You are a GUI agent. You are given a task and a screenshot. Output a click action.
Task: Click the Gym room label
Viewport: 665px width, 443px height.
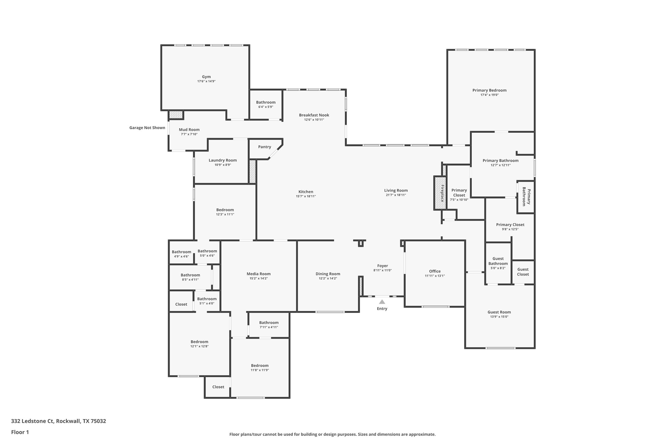click(x=206, y=77)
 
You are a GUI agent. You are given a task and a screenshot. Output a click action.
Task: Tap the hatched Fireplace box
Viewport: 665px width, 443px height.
click(x=440, y=193)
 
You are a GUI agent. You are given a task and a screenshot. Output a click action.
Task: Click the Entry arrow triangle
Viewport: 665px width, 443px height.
click(x=382, y=302)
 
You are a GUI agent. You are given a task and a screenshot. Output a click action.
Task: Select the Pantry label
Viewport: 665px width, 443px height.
click(x=264, y=147)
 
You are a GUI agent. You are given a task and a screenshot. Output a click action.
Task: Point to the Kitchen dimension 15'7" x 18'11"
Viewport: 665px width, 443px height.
click(x=306, y=196)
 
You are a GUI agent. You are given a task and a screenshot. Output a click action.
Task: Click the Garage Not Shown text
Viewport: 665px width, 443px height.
click(x=147, y=128)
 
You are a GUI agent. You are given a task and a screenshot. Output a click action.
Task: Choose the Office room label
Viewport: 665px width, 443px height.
click(x=434, y=271)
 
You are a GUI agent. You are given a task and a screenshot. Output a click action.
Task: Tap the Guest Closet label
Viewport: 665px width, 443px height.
click(x=523, y=272)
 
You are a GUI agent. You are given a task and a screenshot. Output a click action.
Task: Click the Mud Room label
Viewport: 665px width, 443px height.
click(x=189, y=130)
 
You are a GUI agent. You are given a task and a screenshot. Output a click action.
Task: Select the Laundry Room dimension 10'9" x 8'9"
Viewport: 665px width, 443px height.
click(x=223, y=165)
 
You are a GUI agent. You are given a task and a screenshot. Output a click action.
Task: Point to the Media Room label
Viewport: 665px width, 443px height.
click(x=258, y=274)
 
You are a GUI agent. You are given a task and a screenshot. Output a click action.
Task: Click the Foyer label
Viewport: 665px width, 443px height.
click(x=382, y=266)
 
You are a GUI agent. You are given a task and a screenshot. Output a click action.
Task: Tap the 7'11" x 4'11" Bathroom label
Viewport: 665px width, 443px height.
click(x=269, y=322)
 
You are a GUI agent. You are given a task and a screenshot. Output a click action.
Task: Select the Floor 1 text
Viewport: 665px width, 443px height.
click(x=20, y=432)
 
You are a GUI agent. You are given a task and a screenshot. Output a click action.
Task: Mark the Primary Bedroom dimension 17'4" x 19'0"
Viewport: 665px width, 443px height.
click(x=489, y=95)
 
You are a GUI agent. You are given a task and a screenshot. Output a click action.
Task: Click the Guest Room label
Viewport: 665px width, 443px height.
click(x=499, y=312)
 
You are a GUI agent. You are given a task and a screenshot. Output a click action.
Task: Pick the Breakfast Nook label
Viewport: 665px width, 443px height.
click(x=314, y=115)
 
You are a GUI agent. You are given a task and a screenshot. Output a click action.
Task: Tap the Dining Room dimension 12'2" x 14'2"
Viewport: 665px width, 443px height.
click(x=328, y=278)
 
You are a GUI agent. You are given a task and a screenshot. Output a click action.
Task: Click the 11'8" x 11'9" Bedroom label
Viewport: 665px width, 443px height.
click(x=260, y=366)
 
